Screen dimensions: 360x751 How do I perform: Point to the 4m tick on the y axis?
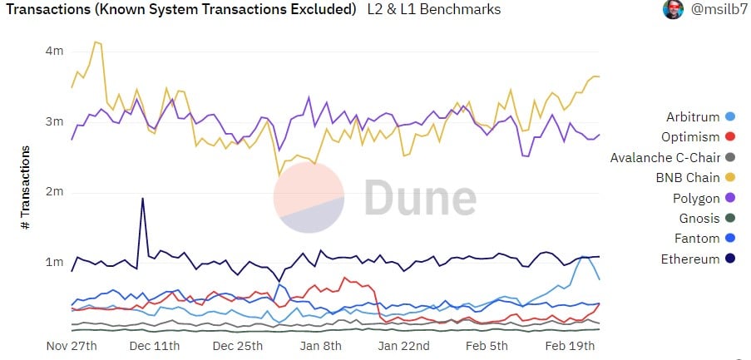click(x=54, y=51)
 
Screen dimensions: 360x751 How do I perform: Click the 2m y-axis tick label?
click(x=54, y=192)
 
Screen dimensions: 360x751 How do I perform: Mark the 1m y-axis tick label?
click(x=54, y=263)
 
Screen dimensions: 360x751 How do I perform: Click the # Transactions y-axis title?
click(x=26, y=188)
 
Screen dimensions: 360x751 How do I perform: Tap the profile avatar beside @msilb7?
click(x=673, y=10)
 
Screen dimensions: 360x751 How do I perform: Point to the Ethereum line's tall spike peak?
click(x=143, y=199)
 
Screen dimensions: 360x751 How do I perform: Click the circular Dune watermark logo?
click(x=309, y=198)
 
